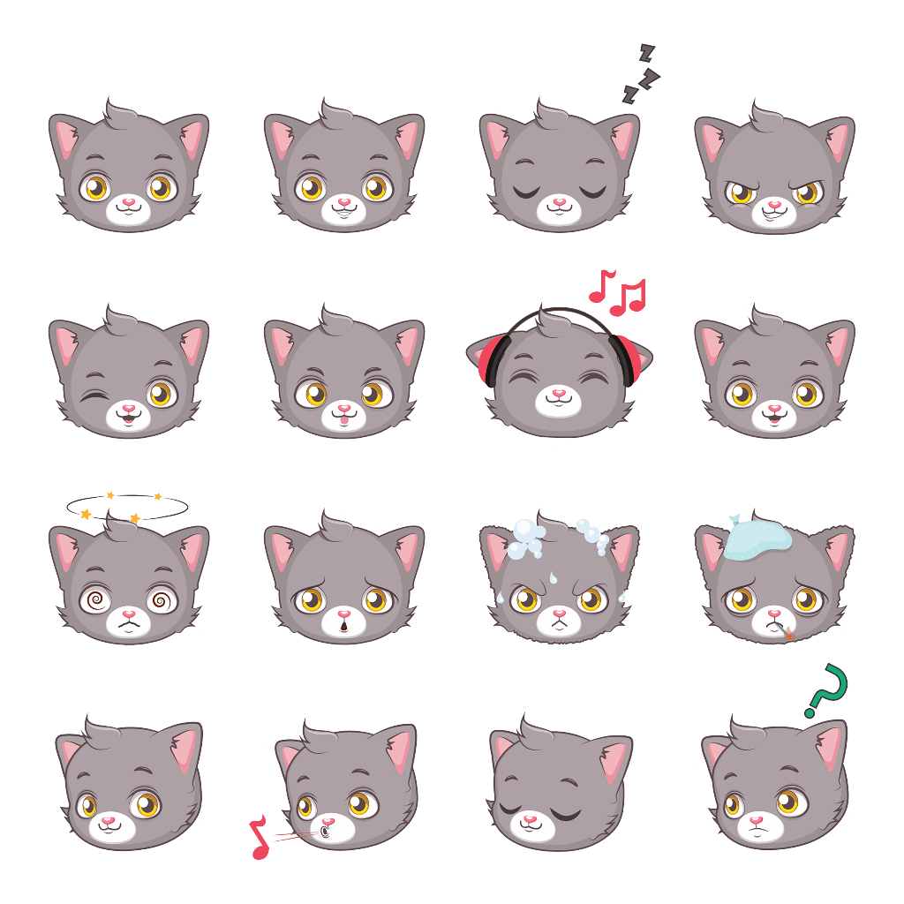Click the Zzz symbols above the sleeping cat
(641, 74)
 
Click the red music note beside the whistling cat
(260, 839)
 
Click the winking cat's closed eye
(93, 395)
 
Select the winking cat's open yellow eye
(160, 394)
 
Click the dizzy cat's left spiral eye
(94, 601)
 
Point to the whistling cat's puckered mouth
(326, 832)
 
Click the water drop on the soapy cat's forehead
(555, 577)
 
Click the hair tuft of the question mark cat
(749, 730)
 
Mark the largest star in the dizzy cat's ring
(86, 514)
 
